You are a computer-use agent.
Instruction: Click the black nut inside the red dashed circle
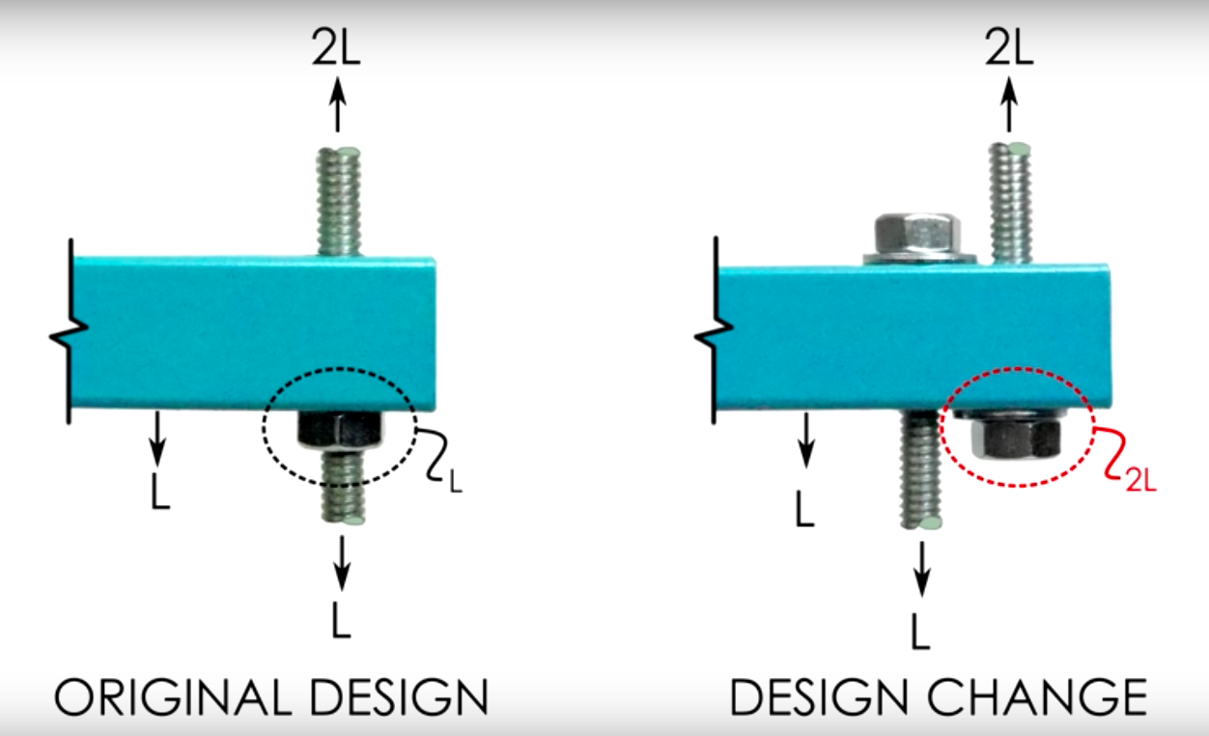pyautogui.click(x=1014, y=436)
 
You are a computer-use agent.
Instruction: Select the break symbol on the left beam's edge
pyautogui.click(x=68, y=334)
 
